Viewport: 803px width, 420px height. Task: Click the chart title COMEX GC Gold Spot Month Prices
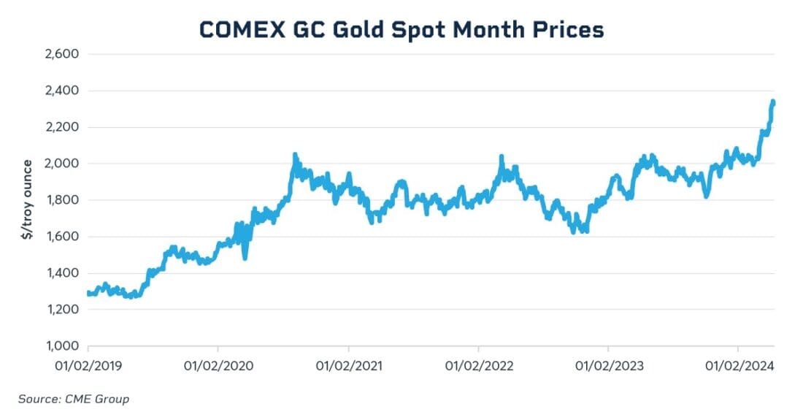click(x=401, y=29)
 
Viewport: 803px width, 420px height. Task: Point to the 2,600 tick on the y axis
click(x=63, y=54)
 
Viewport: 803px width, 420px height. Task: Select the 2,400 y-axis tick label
click(x=63, y=91)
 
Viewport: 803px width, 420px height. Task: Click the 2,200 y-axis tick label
click(x=63, y=127)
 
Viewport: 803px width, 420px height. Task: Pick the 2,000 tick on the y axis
click(x=63, y=164)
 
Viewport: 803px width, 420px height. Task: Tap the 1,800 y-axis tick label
click(x=63, y=200)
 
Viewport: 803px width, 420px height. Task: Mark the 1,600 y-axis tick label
click(x=63, y=237)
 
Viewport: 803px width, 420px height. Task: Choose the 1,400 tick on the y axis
click(x=63, y=273)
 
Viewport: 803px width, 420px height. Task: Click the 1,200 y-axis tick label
click(x=63, y=310)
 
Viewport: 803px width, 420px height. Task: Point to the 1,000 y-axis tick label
click(x=63, y=346)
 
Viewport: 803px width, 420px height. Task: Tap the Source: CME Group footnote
click(x=74, y=399)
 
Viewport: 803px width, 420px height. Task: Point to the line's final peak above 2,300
click(x=773, y=102)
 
